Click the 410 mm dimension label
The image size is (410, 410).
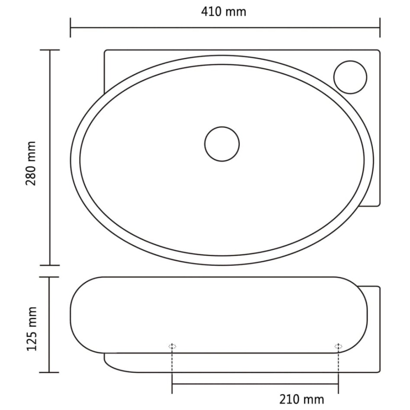[x=223, y=12]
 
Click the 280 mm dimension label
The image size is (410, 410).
[x=31, y=163]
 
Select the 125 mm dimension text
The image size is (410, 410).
[x=32, y=329]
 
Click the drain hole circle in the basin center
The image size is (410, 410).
[x=222, y=144]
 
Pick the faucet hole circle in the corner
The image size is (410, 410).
[x=350, y=77]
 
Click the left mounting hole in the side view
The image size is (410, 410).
[x=172, y=346]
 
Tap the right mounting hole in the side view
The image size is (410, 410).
[x=338, y=346]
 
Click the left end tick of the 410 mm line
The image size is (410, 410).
[x=71, y=28]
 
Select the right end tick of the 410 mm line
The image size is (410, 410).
[x=380, y=28]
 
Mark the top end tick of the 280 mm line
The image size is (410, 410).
[x=49, y=50]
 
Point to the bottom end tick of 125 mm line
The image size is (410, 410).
[x=49, y=372]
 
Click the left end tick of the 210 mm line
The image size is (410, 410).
[x=172, y=384]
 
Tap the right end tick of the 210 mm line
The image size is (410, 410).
[x=338, y=384]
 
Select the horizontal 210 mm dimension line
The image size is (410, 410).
[x=255, y=384]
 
